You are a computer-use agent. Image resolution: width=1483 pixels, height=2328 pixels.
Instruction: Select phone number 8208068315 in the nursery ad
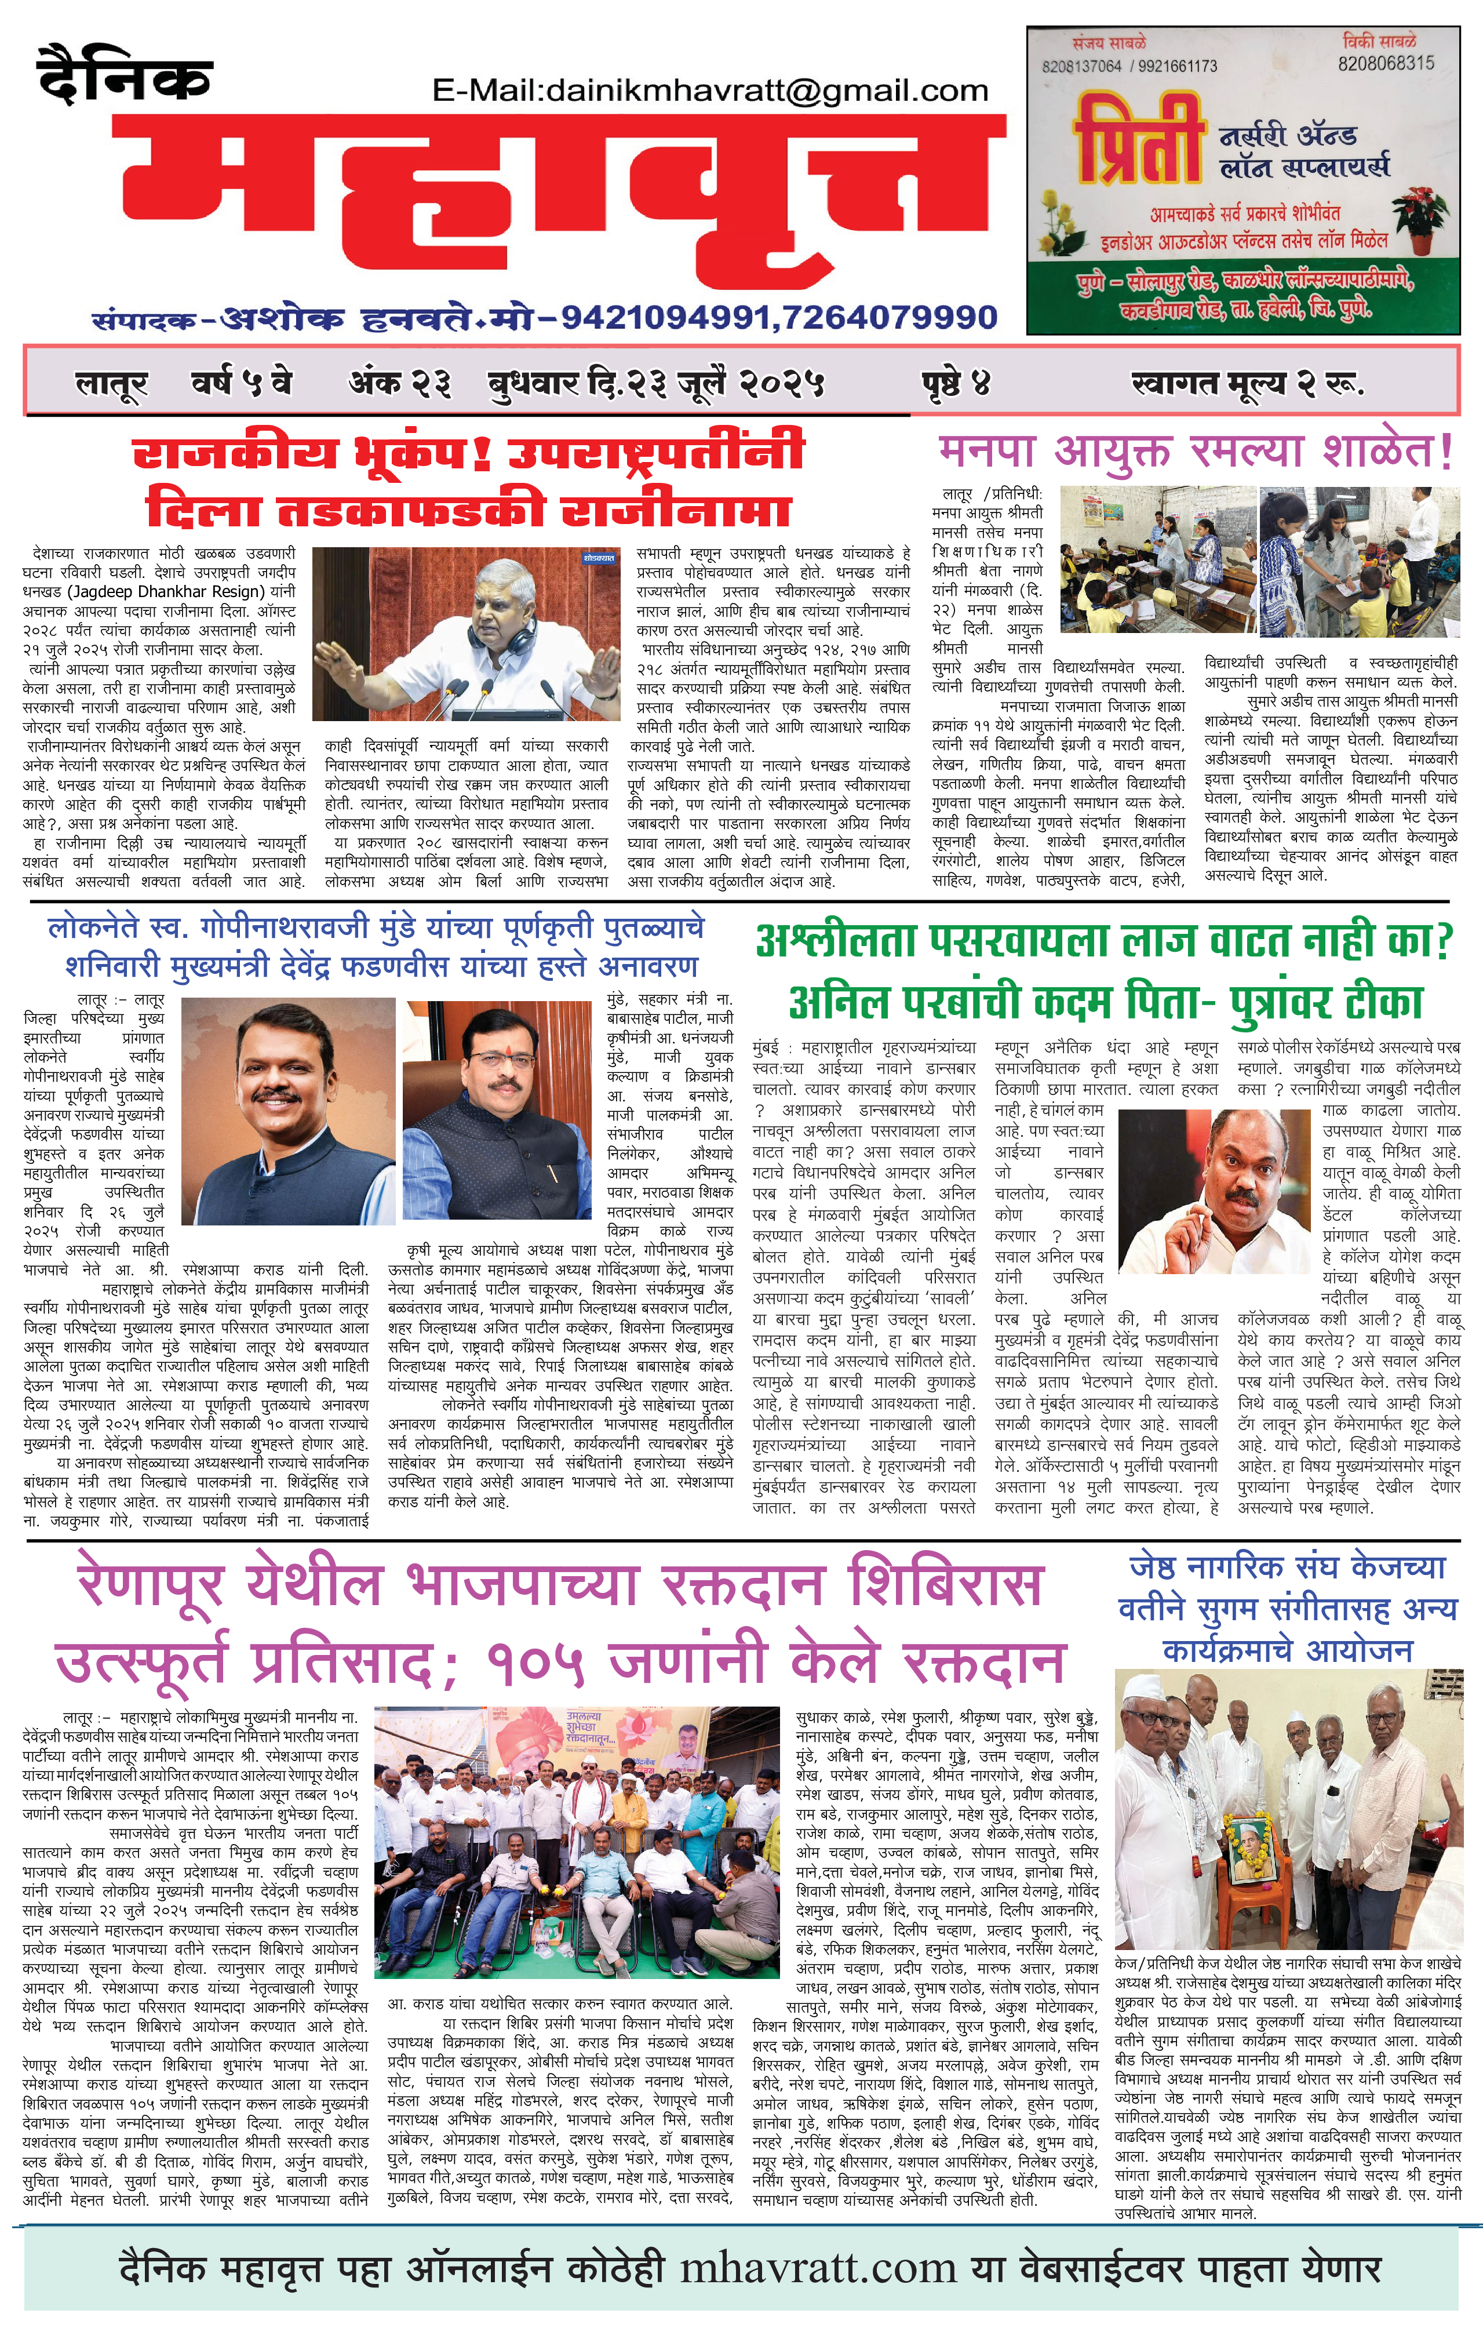pyautogui.click(x=1386, y=63)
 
